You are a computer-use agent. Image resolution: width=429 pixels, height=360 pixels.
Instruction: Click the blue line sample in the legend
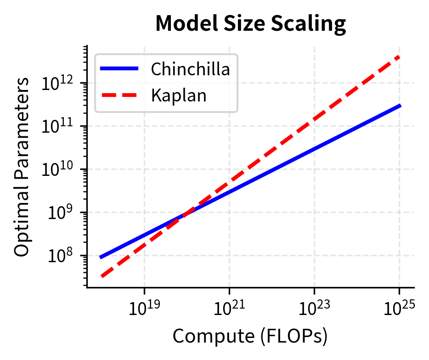119,69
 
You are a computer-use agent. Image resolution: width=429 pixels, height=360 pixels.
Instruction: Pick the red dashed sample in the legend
119,96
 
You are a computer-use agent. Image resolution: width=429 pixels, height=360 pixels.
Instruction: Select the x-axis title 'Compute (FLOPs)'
250,337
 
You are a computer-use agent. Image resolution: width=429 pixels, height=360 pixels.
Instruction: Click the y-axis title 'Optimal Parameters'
22,167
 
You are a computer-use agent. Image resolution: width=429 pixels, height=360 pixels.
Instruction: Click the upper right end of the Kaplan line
400,56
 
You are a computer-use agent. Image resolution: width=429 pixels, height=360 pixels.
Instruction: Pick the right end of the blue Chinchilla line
400,106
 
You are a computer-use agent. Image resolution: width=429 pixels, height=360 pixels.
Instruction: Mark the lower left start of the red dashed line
102,276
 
